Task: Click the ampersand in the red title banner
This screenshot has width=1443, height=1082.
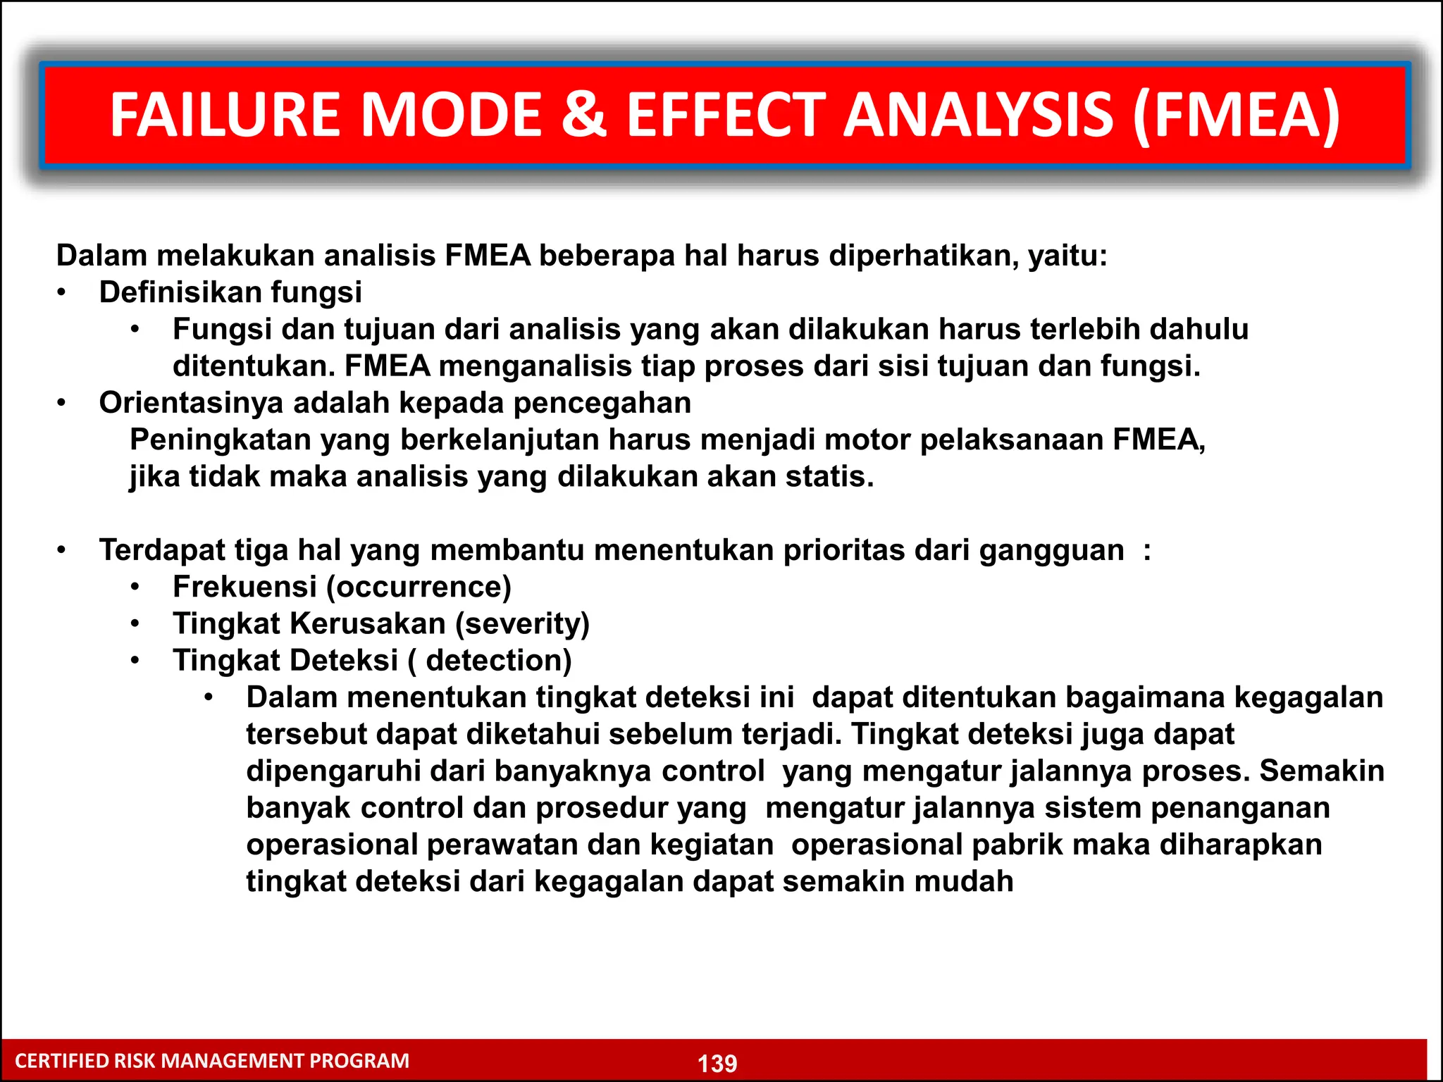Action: [583, 115]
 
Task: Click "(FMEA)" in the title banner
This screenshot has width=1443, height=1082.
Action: [1237, 115]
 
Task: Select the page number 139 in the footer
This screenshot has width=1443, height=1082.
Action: [717, 1063]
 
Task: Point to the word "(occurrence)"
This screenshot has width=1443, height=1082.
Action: [419, 587]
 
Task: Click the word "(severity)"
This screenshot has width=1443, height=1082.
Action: [522, 623]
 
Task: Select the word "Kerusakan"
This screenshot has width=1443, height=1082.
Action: [368, 623]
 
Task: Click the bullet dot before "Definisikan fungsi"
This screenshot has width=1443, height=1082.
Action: [62, 292]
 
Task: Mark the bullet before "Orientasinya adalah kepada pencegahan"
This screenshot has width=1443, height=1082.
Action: [62, 403]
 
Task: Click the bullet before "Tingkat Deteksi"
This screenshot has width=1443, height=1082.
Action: [135, 661]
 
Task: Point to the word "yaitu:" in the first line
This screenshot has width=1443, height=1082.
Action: [1067, 256]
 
